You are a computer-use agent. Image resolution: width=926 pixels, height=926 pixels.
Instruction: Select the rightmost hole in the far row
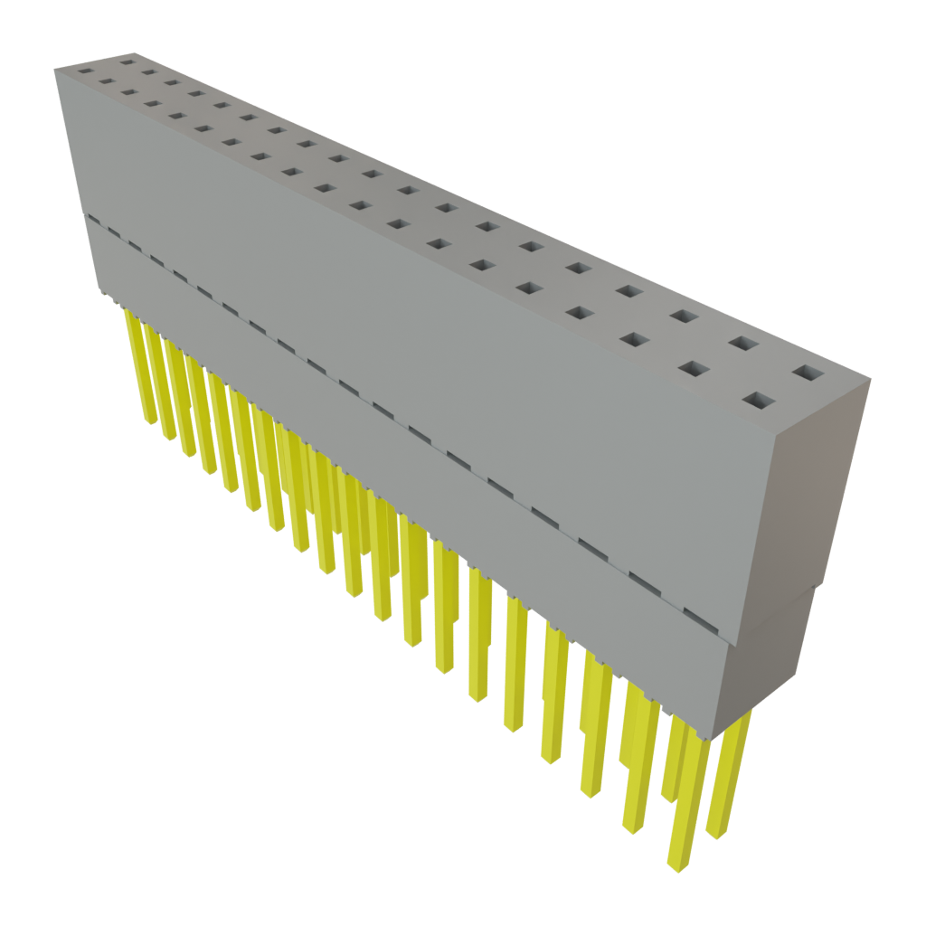808,372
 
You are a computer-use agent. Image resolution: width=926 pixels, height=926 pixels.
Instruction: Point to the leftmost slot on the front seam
114,232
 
